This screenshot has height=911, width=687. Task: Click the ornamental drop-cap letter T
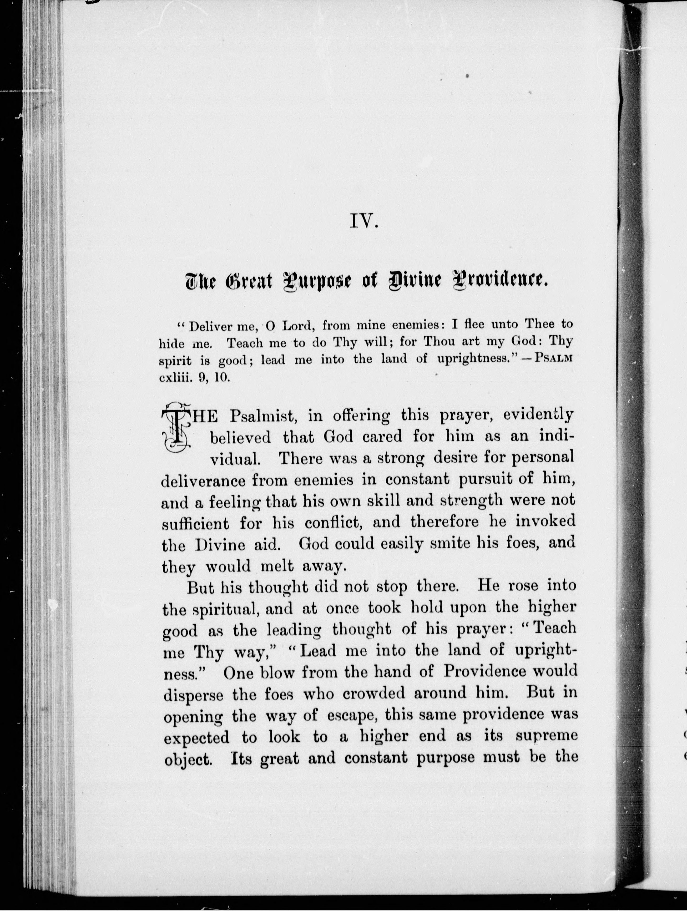coord(176,430)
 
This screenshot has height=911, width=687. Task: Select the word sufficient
coord(195,524)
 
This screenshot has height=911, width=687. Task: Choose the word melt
coord(277,567)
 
